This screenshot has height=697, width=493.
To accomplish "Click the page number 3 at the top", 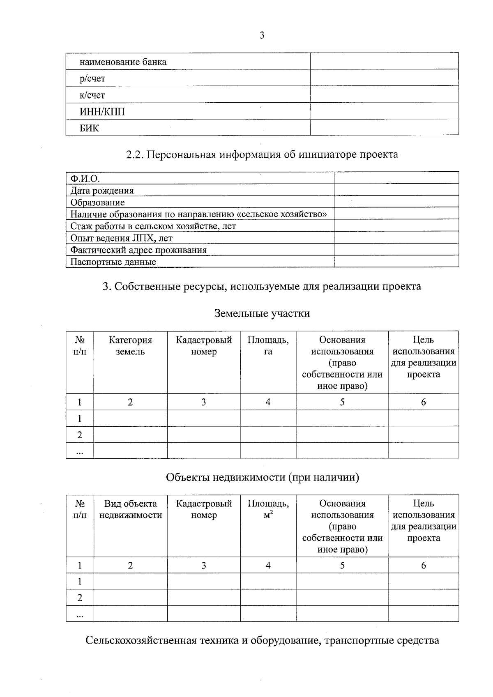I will (x=262, y=35).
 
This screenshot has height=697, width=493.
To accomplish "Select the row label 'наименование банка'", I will (x=123, y=62).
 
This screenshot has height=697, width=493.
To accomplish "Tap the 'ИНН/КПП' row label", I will (x=102, y=112).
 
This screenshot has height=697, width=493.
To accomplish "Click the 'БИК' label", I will (x=89, y=128).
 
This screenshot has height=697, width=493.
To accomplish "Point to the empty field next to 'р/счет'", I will (x=384, y=78).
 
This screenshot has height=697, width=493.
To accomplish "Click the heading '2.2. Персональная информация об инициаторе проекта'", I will (x=262, y=154).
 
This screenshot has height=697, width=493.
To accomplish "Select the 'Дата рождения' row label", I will (x=102, y=190).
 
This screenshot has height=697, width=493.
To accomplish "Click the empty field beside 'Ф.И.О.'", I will (x=396, y=178).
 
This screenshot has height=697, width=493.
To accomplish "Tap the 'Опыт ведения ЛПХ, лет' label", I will (x=121, y=238).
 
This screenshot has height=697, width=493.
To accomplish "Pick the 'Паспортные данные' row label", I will (x=113, y=262).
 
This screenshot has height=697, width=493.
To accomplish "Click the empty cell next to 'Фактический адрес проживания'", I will (x=396, y=250).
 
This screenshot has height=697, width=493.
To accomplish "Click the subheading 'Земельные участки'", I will (x=262, y=313).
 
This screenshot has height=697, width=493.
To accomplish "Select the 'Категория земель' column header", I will (x=130, y=345).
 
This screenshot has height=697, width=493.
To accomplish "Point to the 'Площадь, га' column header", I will (x=268, y=345).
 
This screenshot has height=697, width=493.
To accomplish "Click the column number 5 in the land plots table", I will (x=342, y=402).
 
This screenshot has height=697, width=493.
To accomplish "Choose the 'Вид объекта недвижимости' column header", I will (x=130, y=509).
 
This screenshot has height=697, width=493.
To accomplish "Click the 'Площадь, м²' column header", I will (x=268, y=509).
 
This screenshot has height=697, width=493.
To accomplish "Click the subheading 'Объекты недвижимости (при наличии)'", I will (x=262, y=477).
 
